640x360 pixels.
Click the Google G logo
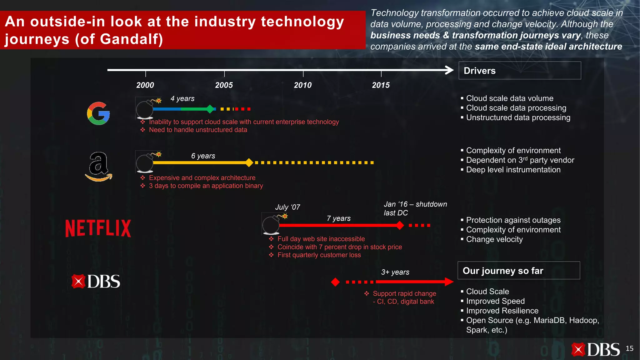(x=98, y=113)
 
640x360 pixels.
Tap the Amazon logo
(x=98, y=167)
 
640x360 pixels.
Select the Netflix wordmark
(x=98, y=228)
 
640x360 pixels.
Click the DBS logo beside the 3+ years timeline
(x=96, y=282)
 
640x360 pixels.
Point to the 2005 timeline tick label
(x=224, y=85)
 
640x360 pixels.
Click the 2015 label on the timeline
(x=381, y=85)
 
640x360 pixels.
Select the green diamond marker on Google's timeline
(x=210, y=109)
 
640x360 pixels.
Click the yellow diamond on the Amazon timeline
(x=249, y=162)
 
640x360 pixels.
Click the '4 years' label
(x=182, y=99)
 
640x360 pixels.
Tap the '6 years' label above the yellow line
(x=203, y=156)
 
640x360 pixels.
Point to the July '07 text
(x=287, y=207)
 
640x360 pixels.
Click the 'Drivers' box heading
(x=480, y=71)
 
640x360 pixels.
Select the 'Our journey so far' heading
(x=503, y=271)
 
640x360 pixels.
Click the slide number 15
(x=629, y=348)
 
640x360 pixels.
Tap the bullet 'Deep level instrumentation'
(x=513, y=170)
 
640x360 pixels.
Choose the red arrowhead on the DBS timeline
(x=449, y=282)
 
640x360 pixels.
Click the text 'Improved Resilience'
(x=502, y=311)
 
